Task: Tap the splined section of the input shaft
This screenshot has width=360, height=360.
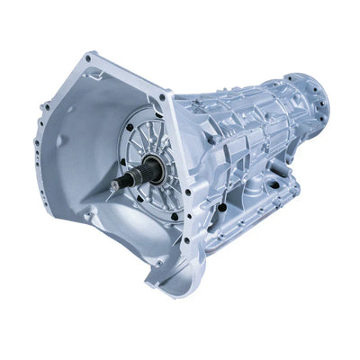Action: point(126,181)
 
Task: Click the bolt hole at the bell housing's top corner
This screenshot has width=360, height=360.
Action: point(88,59)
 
